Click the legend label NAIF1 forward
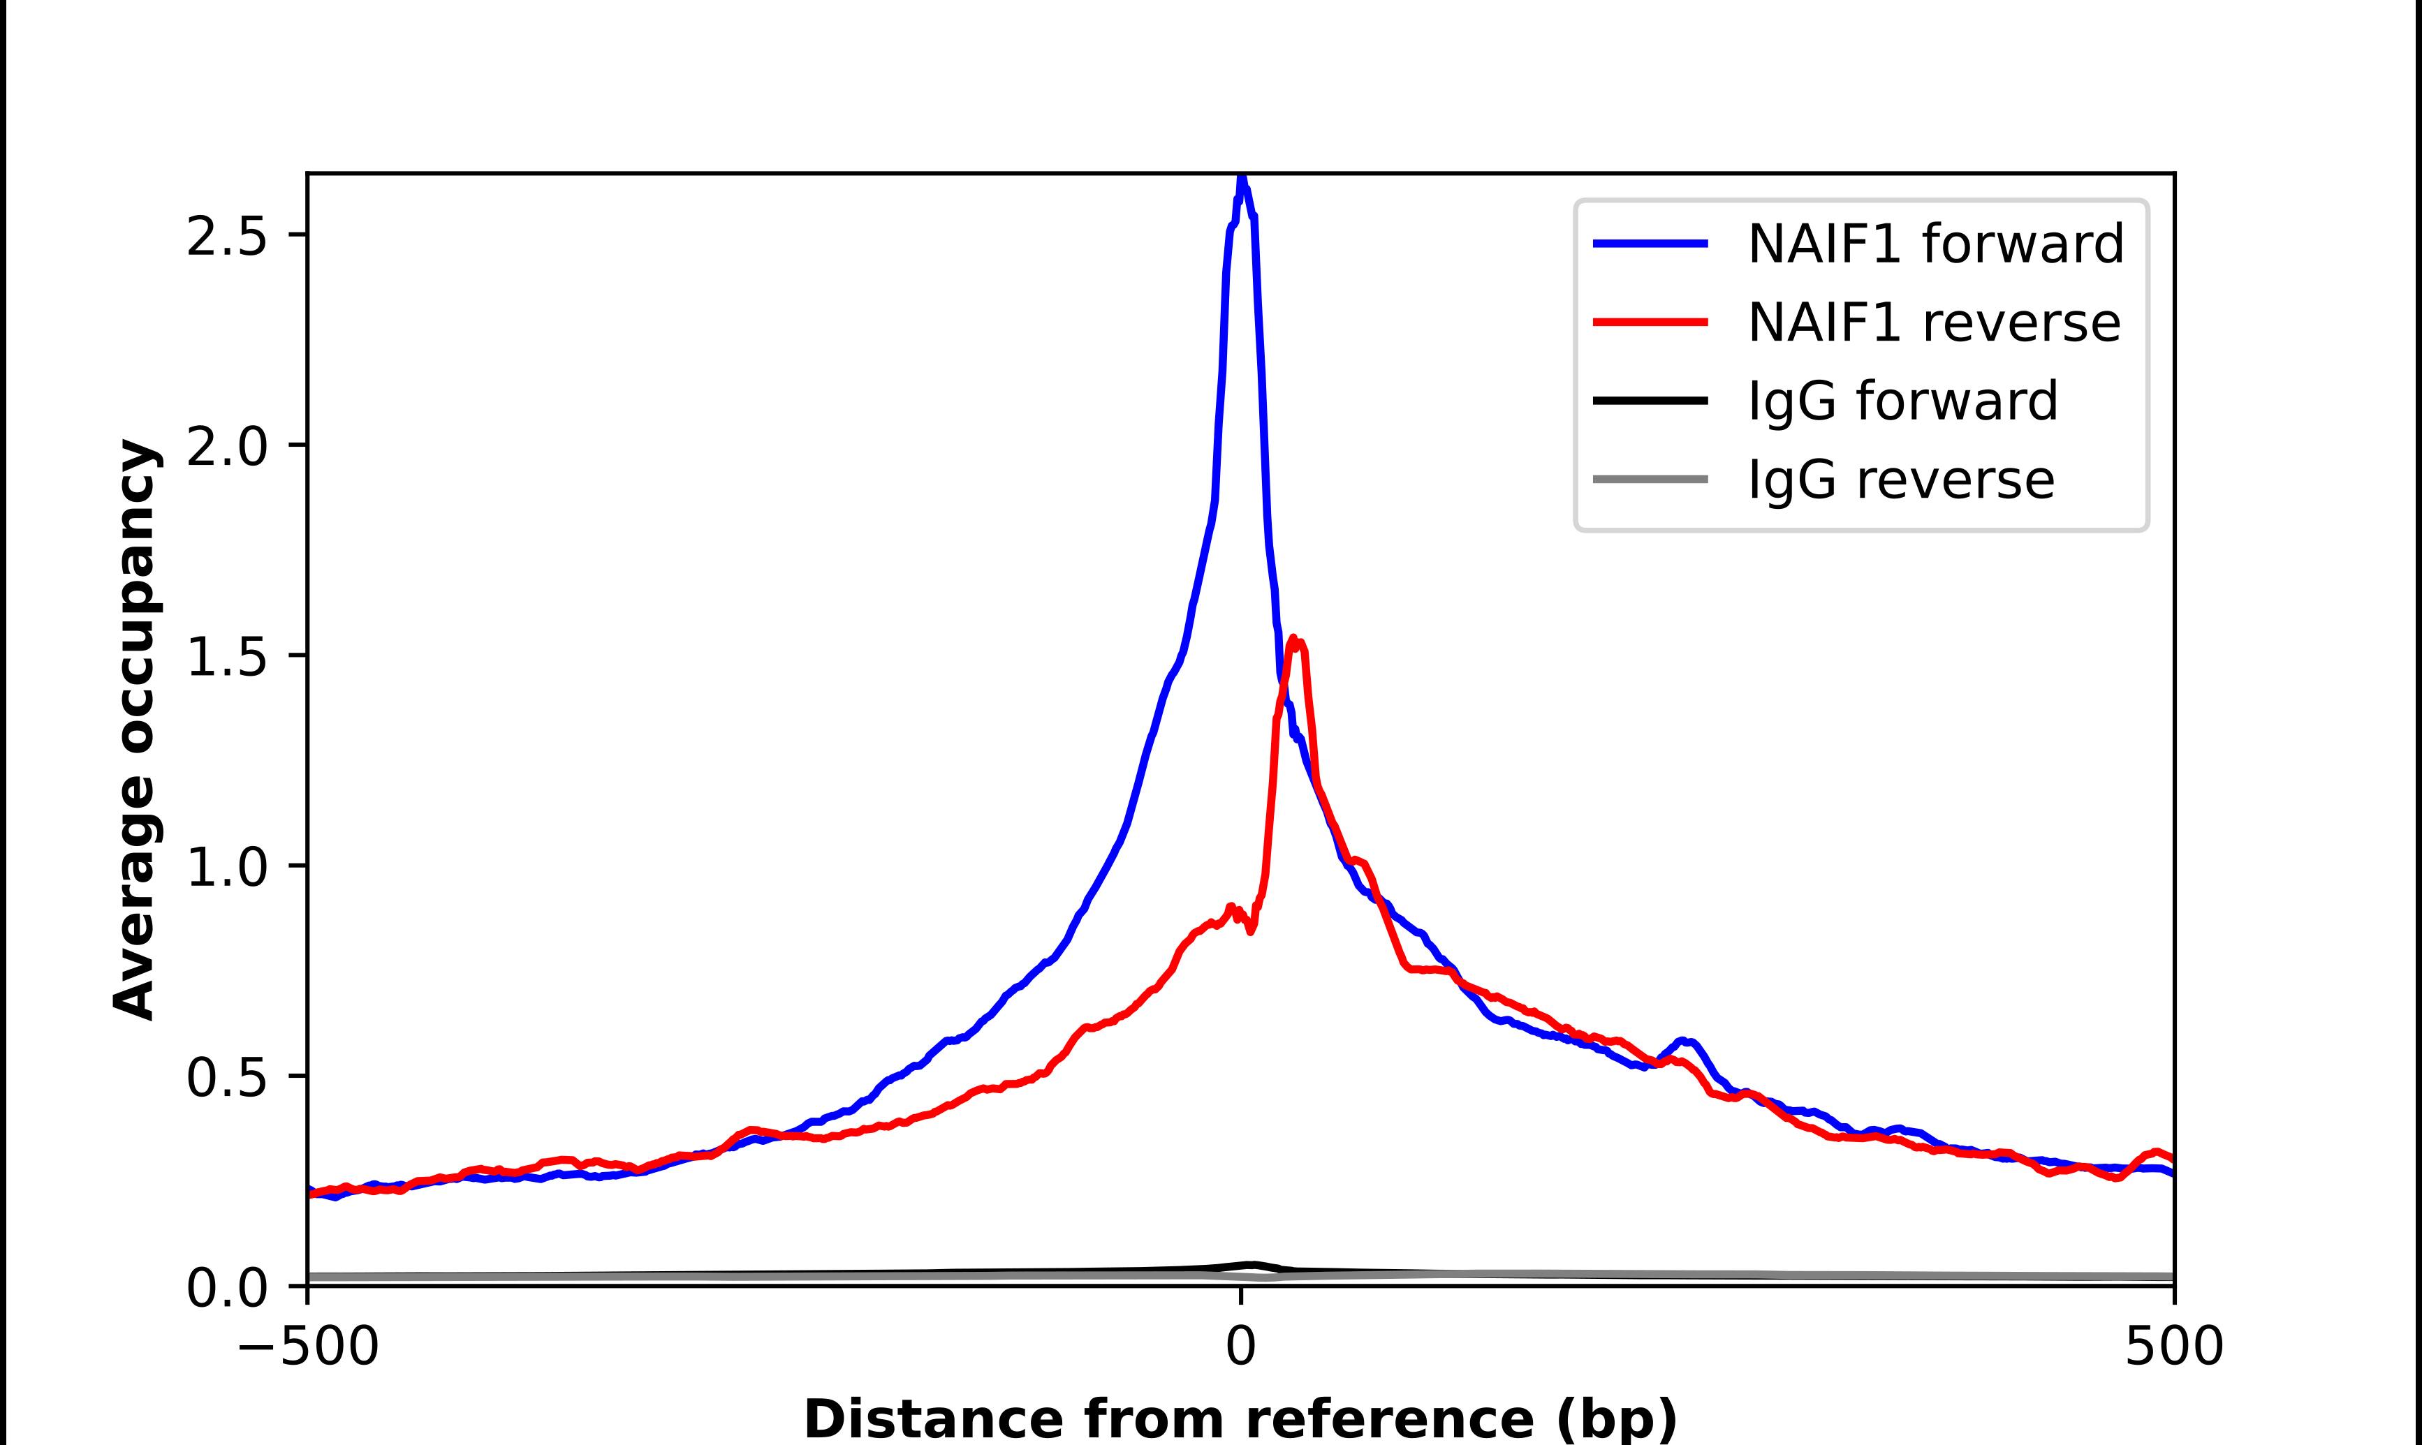pyautogui.click(x=1935, y=244)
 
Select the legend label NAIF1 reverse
pyautogui.click(x=1933, y=323)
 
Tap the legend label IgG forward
pyautogui.click(x=1902, y=401)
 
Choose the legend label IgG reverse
pyautogui.click(x=1900, y=479)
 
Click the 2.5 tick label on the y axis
pyautogui.click(x=226, y=236)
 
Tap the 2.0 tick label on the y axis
pyautogui.click(x=226, y=446)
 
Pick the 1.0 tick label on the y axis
pyautogui.click(x=226, y=866)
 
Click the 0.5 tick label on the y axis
pyautogui.click(x=226, y=1077)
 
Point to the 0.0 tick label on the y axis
pyautogui.click(x=226, y=1287)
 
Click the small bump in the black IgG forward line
pyautogui.click(x=1252, y=1265)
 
